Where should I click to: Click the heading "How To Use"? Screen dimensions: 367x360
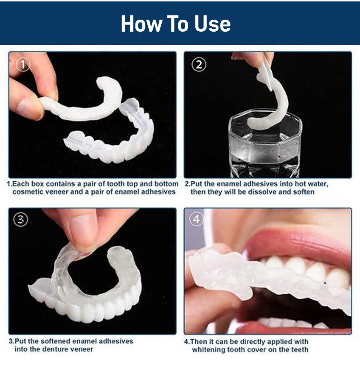[176, 24]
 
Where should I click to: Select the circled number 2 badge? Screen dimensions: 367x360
[199, 64]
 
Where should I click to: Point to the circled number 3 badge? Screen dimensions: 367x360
[21, 220]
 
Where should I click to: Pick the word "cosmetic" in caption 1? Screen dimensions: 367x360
[30, 192]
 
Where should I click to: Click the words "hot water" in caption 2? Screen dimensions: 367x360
[312, 184]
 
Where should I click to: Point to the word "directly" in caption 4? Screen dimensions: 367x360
[254, 341]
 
